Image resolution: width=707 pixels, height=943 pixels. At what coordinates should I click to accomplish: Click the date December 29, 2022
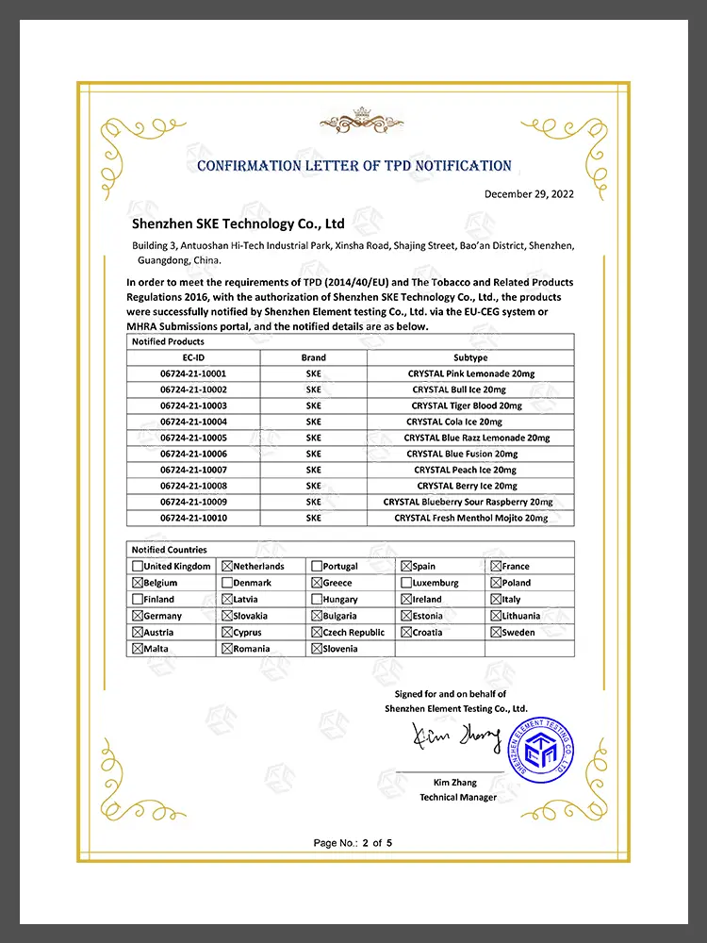pyautogui.click(x=529, y=194)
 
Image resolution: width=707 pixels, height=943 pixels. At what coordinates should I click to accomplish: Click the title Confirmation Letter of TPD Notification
pyautogui.click(x=353, y=166)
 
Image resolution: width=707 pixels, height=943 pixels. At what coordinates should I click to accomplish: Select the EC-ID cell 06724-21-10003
pyautogui.click(x=193, y=405)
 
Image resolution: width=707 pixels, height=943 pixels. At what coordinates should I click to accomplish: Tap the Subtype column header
pyautogui.click(x=470, y=357)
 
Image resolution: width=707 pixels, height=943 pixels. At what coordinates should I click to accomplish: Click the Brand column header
pyautogui.click(x=314, y=357)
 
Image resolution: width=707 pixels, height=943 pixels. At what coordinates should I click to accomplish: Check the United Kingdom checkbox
pyautogui.click(x=138, y=567)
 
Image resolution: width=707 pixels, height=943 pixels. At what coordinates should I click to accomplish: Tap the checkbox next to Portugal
pyautogui.click(x=317, y=567)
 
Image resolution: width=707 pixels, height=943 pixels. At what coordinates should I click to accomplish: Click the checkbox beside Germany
pyautogui.click(x=138, y=616)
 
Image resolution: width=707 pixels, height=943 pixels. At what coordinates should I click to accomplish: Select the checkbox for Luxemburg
pyautogui.click(x=406, y=583)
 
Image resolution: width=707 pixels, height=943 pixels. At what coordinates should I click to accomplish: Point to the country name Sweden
pyautogui.click(x=518, y=633)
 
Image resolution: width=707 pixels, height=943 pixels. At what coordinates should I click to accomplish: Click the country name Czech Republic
pyautogui.click(x=353, y=633)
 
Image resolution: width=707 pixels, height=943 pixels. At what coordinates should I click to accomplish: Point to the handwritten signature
pyautogui.click(x=456, y=738)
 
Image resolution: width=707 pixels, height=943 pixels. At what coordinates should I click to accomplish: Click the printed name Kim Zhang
pyautogui.click(x=457, y=783)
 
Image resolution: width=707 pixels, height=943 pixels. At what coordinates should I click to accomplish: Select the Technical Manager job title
pyautogui.click(x=458, y=798)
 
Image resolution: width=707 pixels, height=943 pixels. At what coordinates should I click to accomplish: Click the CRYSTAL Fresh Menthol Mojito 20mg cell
pyautogui.click(x=470, y=518)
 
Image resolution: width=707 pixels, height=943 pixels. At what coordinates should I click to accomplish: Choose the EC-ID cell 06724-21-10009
pyautogui.click(x=193, y=502)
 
